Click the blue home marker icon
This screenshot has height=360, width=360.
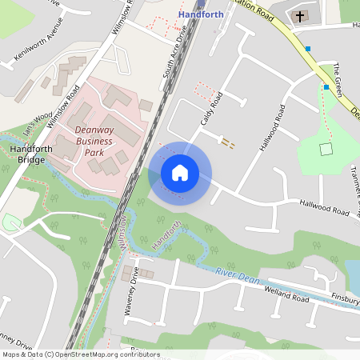click(x=180, y=172)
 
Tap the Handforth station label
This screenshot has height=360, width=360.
click(x=201, y=14)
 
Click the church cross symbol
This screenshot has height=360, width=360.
click(x=301, y=15)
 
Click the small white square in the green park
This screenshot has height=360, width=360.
click(x=325, y=149)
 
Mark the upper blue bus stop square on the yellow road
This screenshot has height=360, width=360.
click(x=308, y=49)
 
